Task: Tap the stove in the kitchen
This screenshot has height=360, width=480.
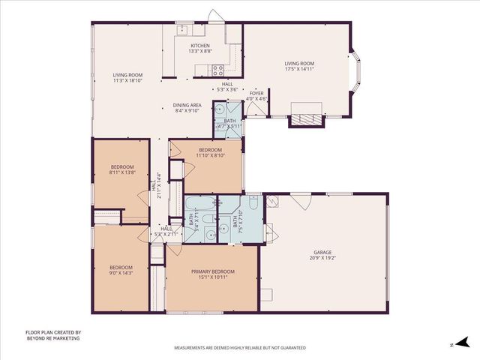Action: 218,70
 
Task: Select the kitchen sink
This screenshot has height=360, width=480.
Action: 182,30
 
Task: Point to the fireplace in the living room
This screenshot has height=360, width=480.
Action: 306,118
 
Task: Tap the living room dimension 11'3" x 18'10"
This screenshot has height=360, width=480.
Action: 127,79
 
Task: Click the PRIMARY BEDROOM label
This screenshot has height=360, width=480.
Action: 213,271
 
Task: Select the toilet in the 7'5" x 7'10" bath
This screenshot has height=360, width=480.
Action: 253,204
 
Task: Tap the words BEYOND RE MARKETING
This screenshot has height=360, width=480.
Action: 52,338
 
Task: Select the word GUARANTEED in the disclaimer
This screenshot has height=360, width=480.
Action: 292,348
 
